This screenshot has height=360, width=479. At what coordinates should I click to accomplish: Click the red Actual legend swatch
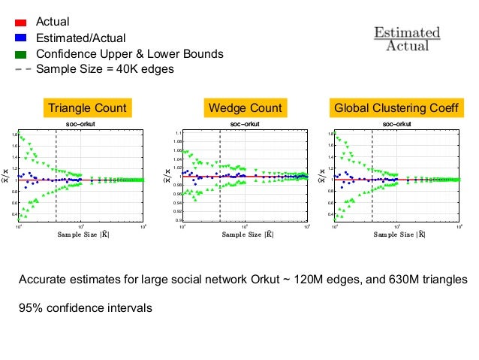coord(20,23)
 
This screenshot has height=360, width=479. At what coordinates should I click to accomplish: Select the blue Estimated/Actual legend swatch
coord(20,38)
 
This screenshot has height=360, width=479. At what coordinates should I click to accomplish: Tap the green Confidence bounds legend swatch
coord(20,54)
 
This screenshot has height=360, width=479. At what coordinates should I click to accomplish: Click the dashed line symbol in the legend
coord(21,69)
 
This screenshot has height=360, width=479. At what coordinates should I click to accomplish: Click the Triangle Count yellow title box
coord(87,108)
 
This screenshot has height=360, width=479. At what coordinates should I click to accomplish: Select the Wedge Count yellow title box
coord(245,108)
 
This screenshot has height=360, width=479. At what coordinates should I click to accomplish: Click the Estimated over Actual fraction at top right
coord(407,40)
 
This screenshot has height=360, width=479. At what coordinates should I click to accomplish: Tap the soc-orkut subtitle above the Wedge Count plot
coord(245,123)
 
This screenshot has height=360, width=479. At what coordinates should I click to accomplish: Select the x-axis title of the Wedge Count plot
coord(245,234)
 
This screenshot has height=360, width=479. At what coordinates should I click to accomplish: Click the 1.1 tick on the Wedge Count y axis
coord(177,133)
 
